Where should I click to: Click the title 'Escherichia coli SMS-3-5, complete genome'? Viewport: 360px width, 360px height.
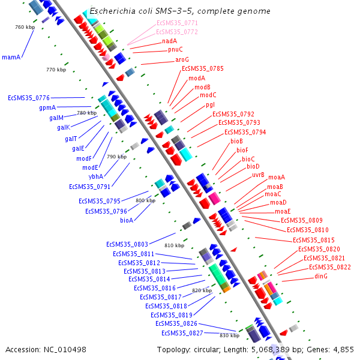[x=180, y=11]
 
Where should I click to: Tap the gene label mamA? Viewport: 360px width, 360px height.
[x=11, y=57]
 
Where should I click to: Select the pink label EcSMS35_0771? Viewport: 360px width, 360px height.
[x=177, y=23]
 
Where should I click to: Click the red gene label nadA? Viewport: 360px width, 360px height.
[x=170, y=41]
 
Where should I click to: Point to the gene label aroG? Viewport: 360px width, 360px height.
[x=182, y=59]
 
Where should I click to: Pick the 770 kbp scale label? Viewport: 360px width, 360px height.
[x=55, y=70]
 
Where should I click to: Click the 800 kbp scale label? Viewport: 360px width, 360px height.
[x=146, y=200]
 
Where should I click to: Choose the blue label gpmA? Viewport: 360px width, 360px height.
[x=47, y=107]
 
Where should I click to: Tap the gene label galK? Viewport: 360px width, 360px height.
[x=64, y=127]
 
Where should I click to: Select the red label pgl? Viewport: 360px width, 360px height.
[x=210, y=104]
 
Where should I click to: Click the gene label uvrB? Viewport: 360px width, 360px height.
[x=258, y=175]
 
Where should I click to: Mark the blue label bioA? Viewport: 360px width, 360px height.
[x=127, y=220]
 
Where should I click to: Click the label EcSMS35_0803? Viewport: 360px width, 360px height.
[x=127, y=244]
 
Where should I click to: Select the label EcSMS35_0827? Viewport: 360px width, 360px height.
[x=182, y=333]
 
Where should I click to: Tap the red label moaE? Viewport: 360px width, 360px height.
[x=283, y=211]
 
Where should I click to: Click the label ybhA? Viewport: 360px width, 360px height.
[x=96, y=176]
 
